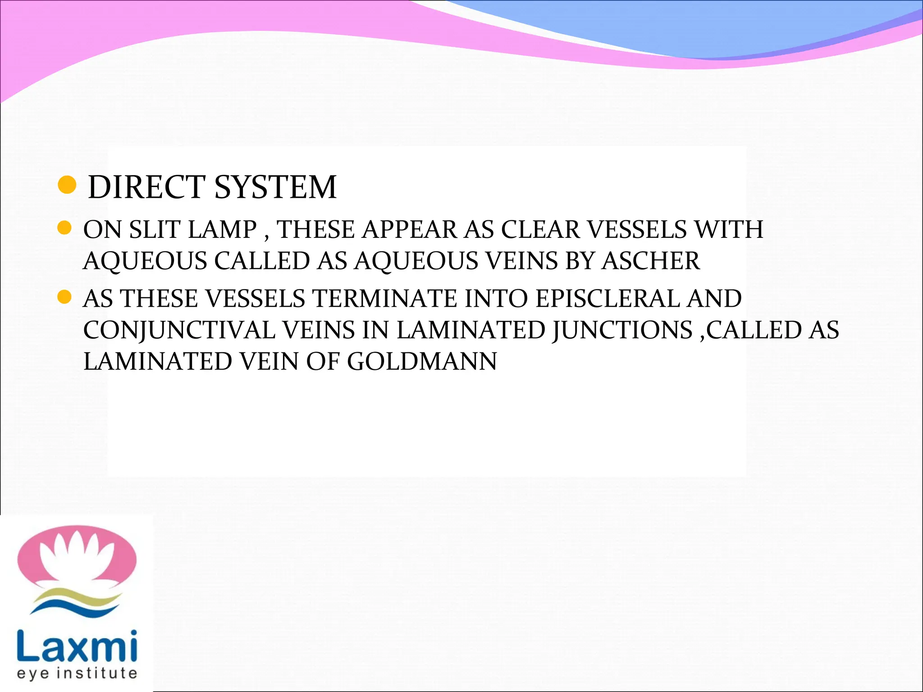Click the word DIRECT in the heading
146,187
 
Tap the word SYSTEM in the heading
275,187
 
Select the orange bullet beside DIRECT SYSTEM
68,185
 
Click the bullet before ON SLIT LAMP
65,228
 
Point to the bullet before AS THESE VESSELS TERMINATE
65,297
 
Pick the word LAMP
222,229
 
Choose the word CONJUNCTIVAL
179,330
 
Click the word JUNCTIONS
622,330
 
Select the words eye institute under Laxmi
77,673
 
